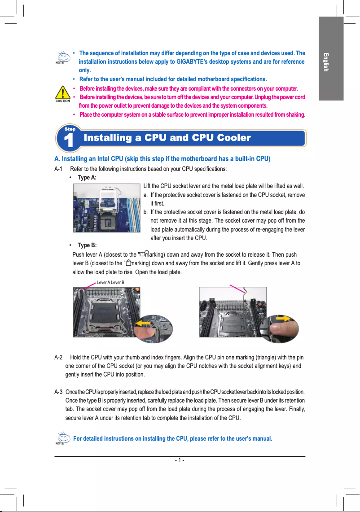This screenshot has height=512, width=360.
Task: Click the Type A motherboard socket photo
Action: click(x=107, y=208)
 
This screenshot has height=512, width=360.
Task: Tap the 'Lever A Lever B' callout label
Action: click(x=110, y=282)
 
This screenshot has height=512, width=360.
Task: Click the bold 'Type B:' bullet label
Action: click(x=87, y=245)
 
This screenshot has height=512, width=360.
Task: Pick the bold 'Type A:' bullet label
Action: click(x=87, y=178)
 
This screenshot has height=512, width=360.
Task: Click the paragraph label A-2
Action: click(x=58, y=358)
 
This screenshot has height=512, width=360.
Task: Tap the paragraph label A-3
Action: click(x=58, y=392)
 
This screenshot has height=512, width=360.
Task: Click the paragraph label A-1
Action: click(x=58, y=169)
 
